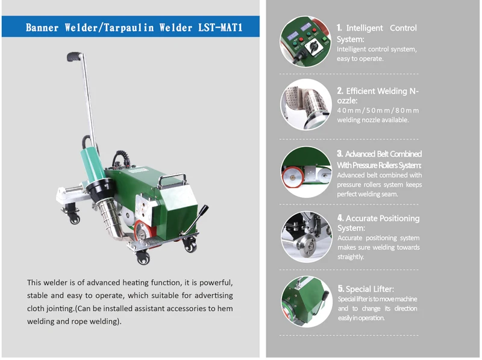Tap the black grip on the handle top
pyautogui.click(x=74, y=57)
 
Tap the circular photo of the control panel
pyautogui.click(x=305, y=41)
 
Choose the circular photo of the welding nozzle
pyautogui.click(x=305, y=104)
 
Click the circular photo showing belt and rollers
pyautogui.click(x=305, y=172)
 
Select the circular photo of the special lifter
pyautogui.click(x=305, y=301)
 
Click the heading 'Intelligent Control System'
pyautogui.click(x=376, y=33)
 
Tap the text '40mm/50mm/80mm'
pyautogui.click(x=378, y=110)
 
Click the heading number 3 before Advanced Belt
pyautogui.click(x=340, y=154)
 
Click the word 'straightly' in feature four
pyautogui.click(x=350, y=256)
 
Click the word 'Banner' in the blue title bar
pyautogui.click(x=42, y=28)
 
